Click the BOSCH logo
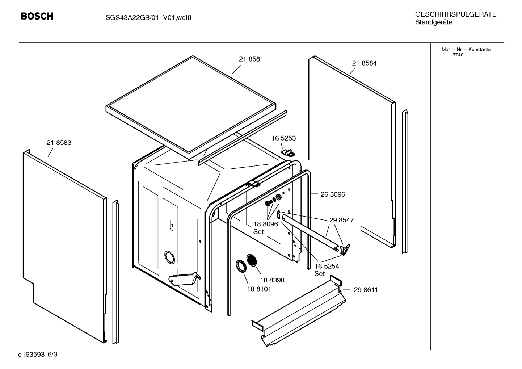pyautogui.click(x=37, y=16)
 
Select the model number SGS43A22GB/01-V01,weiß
pyautogui.click(x=148, y=18)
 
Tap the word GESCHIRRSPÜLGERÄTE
pyautogui.click(x=456, y=14)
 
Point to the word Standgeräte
pyautogui.click(x=434, y=22)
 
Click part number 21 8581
pyautogui.click(x=251, y=59)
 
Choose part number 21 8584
pyautogui.click(x=364, y=63)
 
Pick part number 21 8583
pyautogui.click(x=59, y=142)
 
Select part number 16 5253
pyautogui.click(x=283, y=138)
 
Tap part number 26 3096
pyautogui.click(x=333, y=194)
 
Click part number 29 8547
pyautogui.click(x=341, y=220)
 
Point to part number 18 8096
pyautogui.click(x=266, y=224)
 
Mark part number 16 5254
pyautogui.click(x=327, y=266)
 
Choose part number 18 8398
pyautogui.click(x=272, y=280)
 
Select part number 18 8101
pyautogui.click(x=259, y=289)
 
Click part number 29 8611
pyautogui.click(x=366, y=290)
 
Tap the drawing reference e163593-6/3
pyautogui.click(x=38, y=355)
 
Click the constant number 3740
pyautogui.click(x=458, y=55)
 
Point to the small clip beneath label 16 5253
pyautogui.click(x=288, y=153)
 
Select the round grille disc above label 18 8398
pyautogui.click(x=252, y=260)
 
